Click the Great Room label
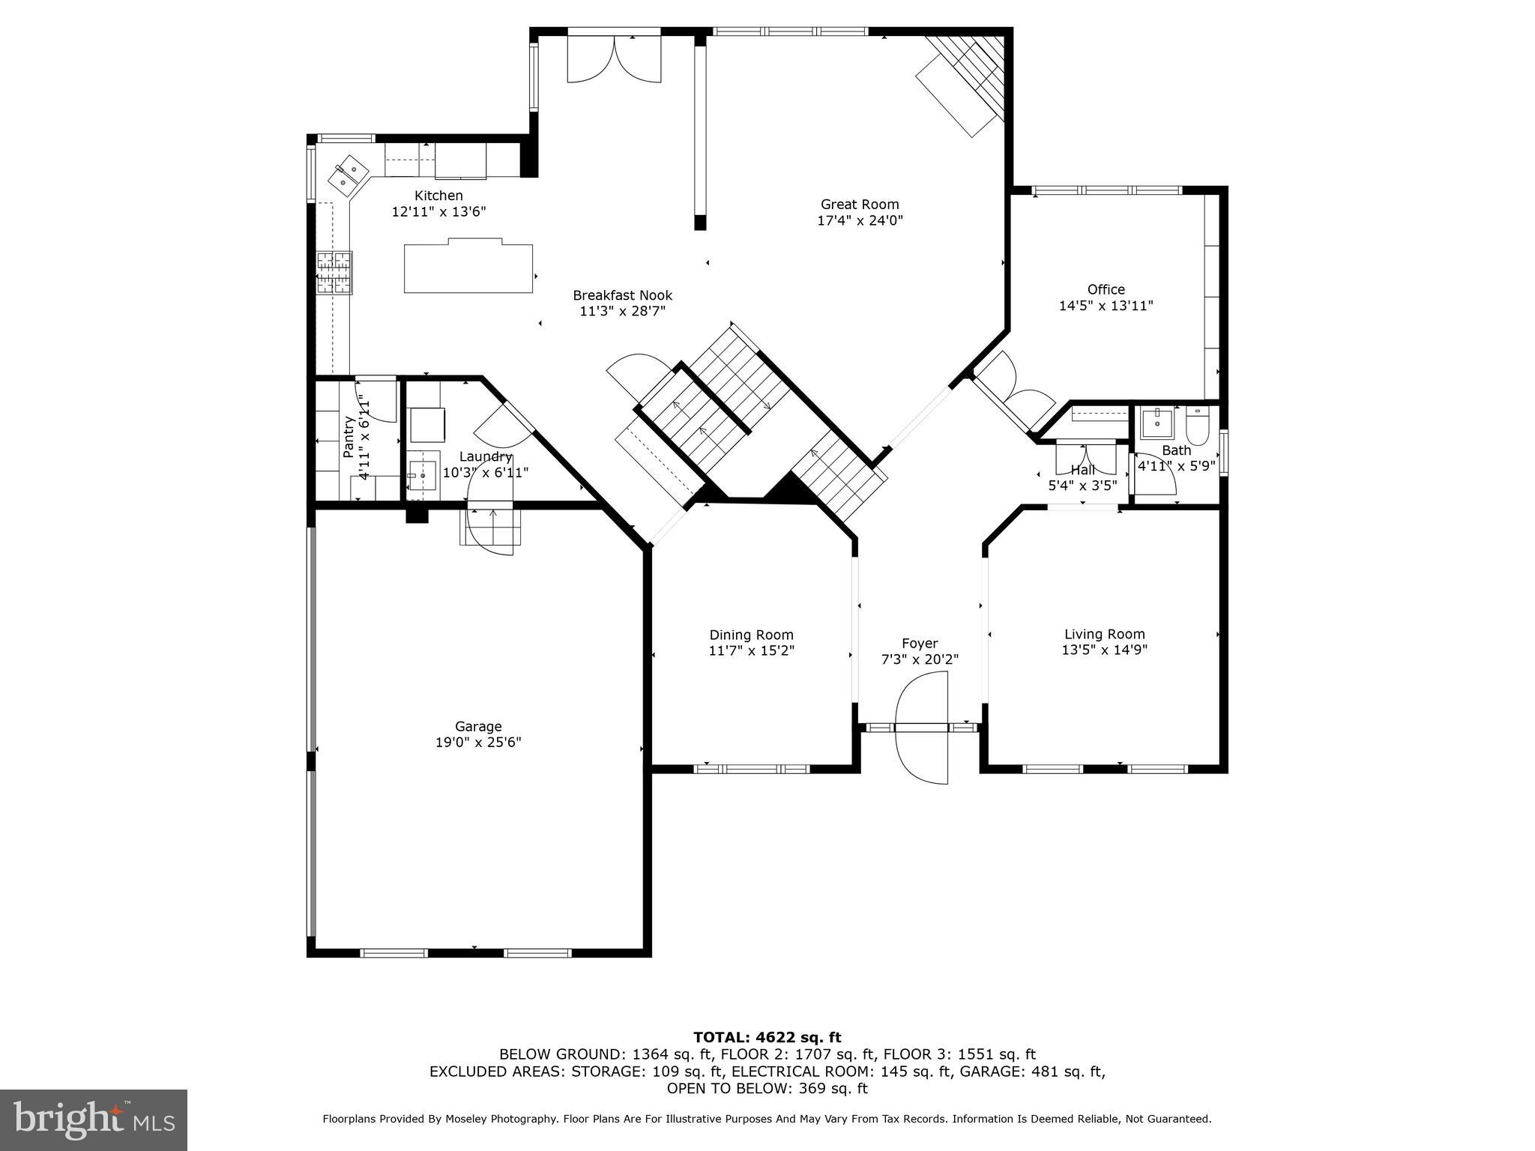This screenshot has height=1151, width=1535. point(859,205)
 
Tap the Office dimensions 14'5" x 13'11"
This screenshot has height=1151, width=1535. point(1106,306)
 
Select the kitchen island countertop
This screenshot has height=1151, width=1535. point(468,268)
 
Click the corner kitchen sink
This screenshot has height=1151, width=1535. point(347,174)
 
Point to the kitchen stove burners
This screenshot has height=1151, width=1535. point(334,274)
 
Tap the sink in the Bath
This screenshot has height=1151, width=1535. point(1156,423)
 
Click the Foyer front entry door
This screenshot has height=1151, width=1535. point(921,727)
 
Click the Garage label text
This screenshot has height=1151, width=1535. point(478,726)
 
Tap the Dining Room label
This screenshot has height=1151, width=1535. point(751,635)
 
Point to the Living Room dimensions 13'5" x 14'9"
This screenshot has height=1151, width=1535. point(1104,650)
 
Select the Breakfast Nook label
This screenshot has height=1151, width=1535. point(622,295)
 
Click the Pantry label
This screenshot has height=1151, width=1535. point(349,437)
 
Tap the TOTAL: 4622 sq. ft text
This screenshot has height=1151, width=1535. point(767,1037)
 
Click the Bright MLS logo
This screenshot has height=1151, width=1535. point(94,1120)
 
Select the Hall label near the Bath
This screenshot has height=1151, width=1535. point(1082,470)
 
